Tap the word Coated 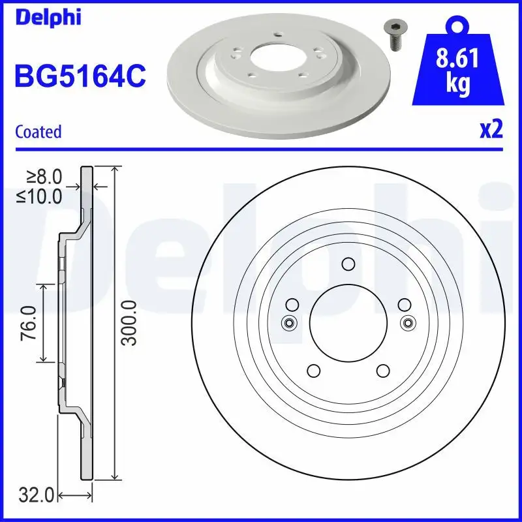[38, 132]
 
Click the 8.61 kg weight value [457, 72]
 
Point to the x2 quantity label [491, 130]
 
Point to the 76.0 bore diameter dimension [27, 323]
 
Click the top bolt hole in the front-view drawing [348, 264]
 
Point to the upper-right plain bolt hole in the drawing [404, 304]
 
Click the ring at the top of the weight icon [457, 25]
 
